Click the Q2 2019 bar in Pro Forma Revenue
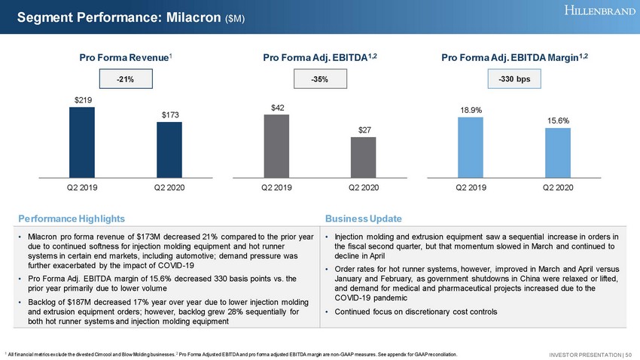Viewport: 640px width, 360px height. pyautogui.click(x=82, y=140)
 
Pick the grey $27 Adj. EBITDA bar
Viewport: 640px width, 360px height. pyautogui.click(x=363, y=156)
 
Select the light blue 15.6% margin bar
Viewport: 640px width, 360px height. pyautogui.click(x=557, y=151)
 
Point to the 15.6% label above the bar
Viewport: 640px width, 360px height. pyautogui.click(x=557, y=120)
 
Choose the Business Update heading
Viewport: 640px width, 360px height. pyautogui.click(x=364, y=218)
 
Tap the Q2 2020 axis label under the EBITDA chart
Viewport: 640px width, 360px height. pyautogui.click(x=363, y=186)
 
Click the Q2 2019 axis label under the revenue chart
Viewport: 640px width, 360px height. pyautogui.click(x=82, y=186)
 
